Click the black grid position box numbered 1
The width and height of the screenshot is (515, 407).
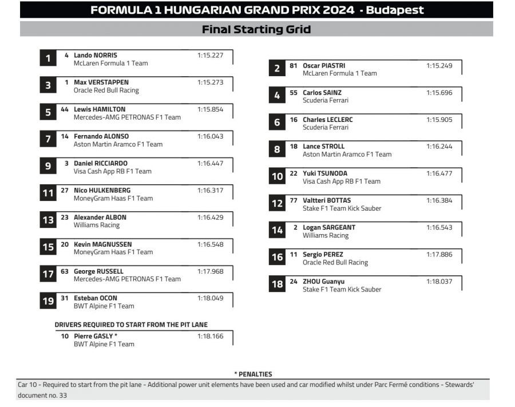click(x=48, y=58)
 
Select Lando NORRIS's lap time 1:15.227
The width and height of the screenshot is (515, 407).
click(x=210, y=56)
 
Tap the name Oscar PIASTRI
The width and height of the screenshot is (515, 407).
click(x=324, y=66)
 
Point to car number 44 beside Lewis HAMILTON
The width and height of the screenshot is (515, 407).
click(x=65, y=109)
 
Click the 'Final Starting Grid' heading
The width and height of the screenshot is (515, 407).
click(x=256, y=29)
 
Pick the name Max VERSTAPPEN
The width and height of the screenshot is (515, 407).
click(x=101, y=82)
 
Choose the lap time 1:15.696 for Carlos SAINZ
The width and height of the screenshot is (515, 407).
click(x=439, y=93)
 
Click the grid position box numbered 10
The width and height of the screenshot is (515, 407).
click(x=277, y=176)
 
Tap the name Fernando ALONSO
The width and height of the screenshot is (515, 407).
click(x=101, y=137)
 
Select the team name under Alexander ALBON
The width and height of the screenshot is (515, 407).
click(x=97, y=226)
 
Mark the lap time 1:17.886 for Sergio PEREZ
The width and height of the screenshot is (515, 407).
click(x=439, y=255)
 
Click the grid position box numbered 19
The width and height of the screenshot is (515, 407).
click(x=48, y=301)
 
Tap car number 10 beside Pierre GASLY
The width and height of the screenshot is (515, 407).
click(x=65, y=336)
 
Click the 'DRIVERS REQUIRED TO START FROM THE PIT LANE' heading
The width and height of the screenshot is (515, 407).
click(x=131, y=325)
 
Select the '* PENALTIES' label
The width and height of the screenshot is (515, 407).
click(x=253, y=374)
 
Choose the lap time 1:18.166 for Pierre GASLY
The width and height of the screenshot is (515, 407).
click(x=210, y=336)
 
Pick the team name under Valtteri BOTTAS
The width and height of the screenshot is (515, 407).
click(x=342, y=208)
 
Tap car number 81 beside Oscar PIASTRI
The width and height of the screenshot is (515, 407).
click(x=294, y=66)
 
